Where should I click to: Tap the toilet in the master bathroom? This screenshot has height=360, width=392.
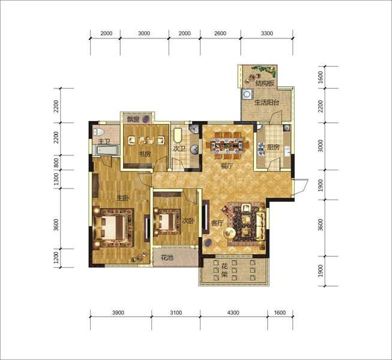[98, 131]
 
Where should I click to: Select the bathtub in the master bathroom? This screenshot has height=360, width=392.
[106, 150]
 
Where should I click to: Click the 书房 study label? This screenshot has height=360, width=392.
[145, 154]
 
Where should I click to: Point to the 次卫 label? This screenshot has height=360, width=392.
[179, 149]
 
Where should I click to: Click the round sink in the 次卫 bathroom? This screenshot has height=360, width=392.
[194, 149]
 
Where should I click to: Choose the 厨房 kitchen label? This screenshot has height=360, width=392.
[273, 148]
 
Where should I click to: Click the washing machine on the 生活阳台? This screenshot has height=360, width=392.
[247, 94]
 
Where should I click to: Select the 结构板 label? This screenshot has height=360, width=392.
[265, 83]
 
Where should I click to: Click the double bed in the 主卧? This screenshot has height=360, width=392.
[113, 227]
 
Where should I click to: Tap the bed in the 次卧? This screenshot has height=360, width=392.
[167, 221]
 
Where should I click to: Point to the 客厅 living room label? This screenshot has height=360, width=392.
[217, 223]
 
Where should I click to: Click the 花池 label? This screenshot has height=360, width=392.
[167, 257]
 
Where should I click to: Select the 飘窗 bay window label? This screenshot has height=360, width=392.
[133, 119]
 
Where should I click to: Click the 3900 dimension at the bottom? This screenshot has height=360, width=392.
[118, 313]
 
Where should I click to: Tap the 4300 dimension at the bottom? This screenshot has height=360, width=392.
[233, 313]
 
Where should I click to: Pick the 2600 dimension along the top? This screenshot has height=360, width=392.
[220, 33]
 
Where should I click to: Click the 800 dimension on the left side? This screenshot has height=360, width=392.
[56, 163]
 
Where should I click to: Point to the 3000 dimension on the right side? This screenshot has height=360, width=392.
[321, 146]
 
